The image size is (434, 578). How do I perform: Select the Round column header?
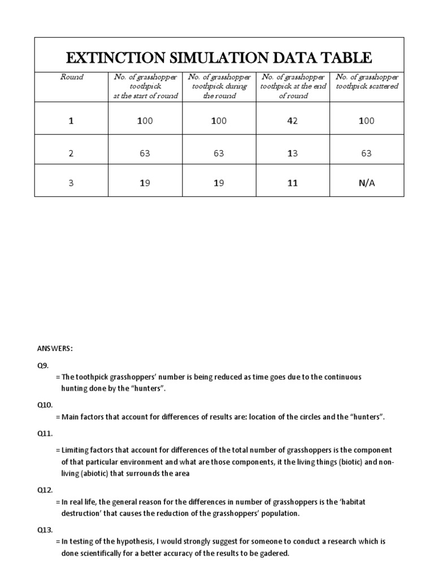[71, 77]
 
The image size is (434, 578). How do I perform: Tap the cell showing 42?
[293, 121]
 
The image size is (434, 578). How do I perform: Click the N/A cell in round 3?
[366, 183]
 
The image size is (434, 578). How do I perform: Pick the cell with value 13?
[293, 152]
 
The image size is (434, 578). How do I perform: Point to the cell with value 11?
[293, 183]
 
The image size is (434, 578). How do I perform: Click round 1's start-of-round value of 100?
[145, 121]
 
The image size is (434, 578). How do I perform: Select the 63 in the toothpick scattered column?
[366, 152]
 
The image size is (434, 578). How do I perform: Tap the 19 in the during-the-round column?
[219, 183]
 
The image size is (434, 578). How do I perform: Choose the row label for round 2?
[71, 152]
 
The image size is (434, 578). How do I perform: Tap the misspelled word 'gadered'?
[274, 553]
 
